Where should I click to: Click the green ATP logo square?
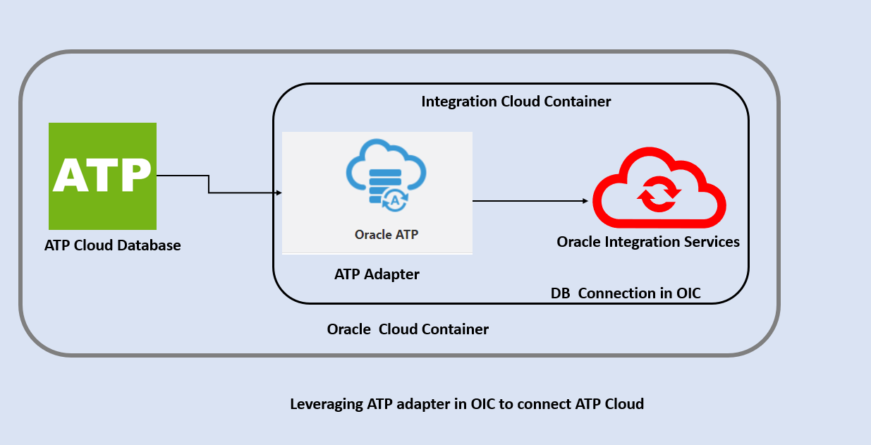pyautogui.click(x=102, y=176)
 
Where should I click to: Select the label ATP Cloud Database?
pyautogui.click(x=113, y=245)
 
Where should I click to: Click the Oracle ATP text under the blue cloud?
pyautogui.click(x=386, y=234)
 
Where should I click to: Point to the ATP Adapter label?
pyautogui.click(x=377, y=274)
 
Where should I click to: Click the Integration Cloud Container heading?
pyautogui.click(x=516, y=102)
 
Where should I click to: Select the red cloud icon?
pyautogui.click(x=659, y=186)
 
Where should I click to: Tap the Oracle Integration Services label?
pyautogui.click(x=648, y=242)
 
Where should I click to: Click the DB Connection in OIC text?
pyautogui.click(x=626, y=293)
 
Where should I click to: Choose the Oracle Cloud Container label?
pyautogui.click(x=408, y=329)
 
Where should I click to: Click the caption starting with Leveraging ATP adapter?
pyautogui.click(x=467, y=404)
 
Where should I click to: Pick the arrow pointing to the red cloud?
pyautogui.click(x=530, y=201)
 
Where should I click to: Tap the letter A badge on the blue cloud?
pyautogui.click(x=395, y=200)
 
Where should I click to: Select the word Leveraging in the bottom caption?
pyautogui.click(x=327, y=404)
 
